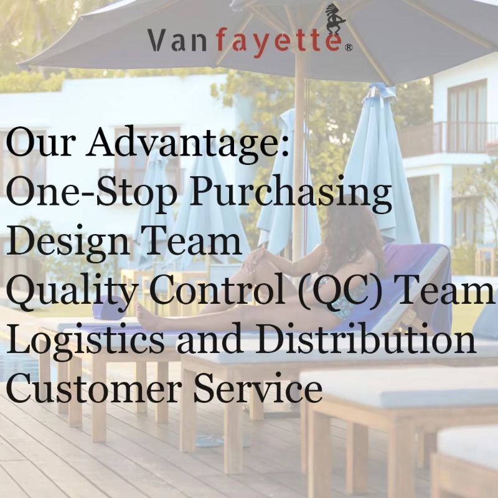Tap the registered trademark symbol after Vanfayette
[348, 48]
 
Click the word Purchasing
[290, 194]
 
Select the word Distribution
[365, 339]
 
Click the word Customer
[94, 387]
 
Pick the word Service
[258, 387]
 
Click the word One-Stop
[92, 194]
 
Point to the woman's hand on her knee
[253, 260]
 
